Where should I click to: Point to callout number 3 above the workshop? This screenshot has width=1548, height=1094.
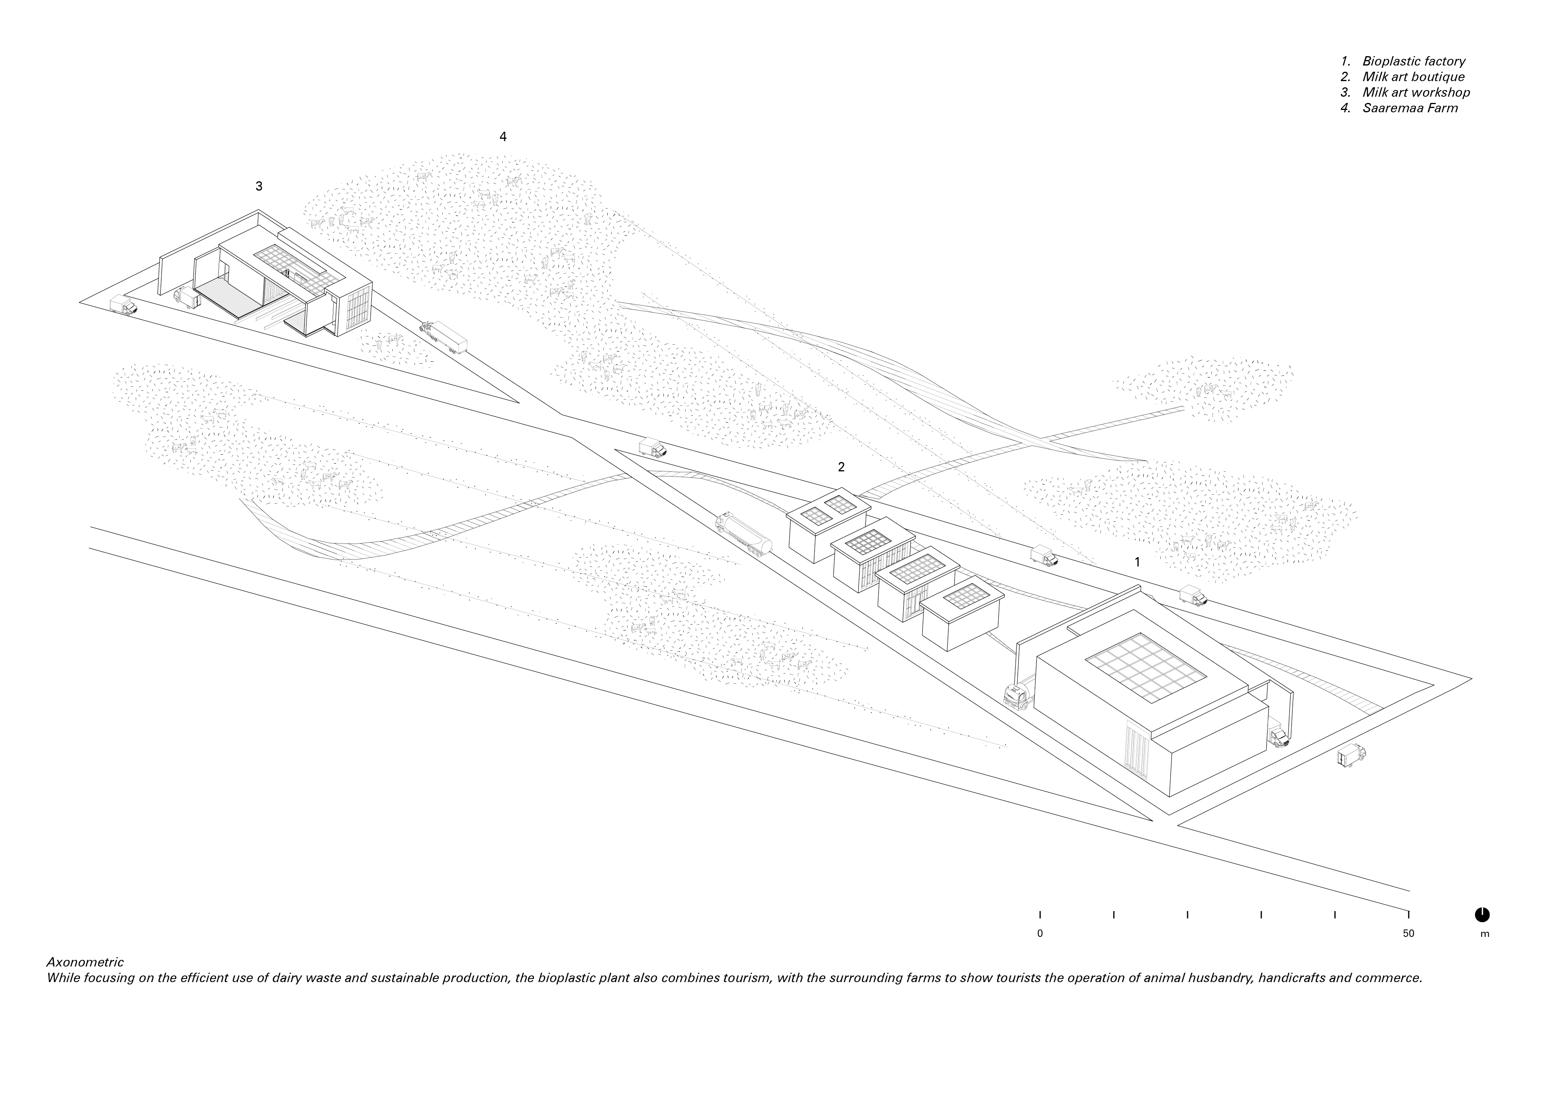pos(259,186)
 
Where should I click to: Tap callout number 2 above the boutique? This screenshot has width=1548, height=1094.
pos(841,466)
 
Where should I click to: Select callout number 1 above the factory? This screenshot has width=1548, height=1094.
pos(1137,561)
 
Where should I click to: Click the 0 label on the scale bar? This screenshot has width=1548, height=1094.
pos(1040,934)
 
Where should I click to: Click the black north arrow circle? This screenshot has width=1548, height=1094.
pos(1482,915)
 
